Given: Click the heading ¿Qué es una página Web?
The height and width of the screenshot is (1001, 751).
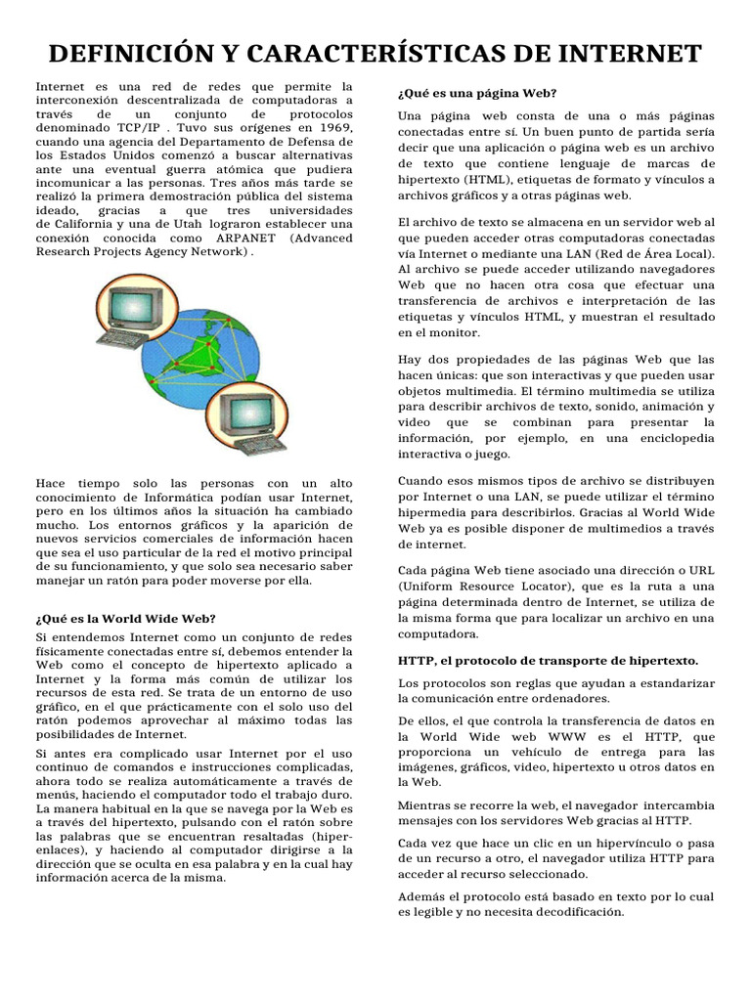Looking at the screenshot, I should [477, 93].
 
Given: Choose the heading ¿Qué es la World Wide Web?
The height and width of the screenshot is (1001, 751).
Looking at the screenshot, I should [125, 618].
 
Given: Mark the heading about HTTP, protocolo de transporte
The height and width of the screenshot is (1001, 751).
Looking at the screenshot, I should [548, 661].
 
